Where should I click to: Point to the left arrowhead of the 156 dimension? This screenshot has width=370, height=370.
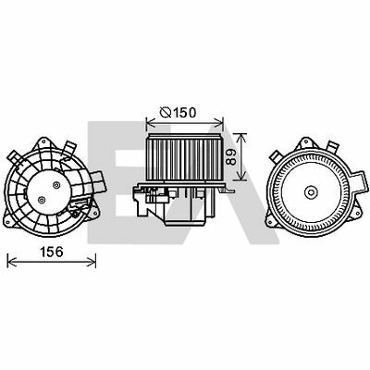coord(10,260)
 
